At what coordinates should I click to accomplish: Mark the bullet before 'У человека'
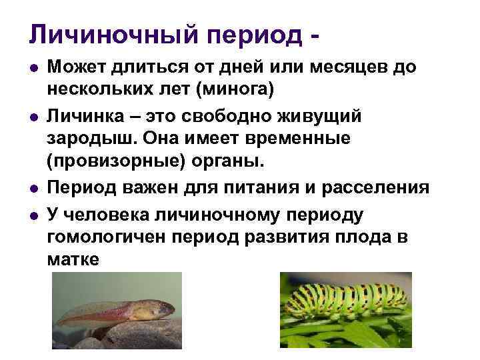(33, 213)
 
